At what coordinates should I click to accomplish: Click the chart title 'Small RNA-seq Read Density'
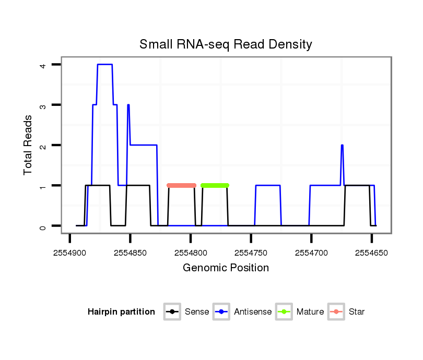tap(226, 44)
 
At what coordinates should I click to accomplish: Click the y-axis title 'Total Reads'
tap(28, 145)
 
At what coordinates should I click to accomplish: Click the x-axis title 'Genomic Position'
tap(226, 268)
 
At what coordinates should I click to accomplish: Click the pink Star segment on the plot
tap(181, 185)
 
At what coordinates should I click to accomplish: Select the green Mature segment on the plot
tap(215, 185)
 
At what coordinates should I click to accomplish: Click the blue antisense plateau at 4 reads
tap(104, 64)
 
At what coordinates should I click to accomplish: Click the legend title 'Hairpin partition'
tap(121, 312)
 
